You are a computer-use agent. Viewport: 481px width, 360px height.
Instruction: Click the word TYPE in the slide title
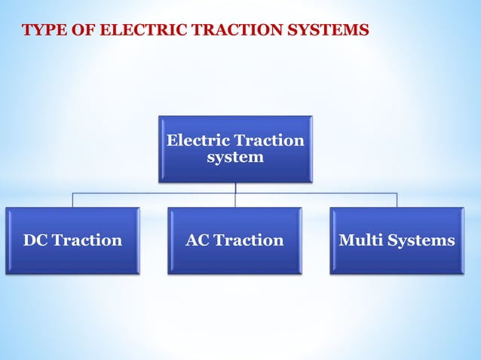click(x=41, y=31)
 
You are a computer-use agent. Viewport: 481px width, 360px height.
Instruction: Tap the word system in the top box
click(x=234, y=157)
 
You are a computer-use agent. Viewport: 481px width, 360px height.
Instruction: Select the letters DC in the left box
click(x=35, y=240)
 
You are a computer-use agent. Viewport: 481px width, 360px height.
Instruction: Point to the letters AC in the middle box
click(x=198, y=240)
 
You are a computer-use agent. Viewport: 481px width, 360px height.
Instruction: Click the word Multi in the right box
click(x=360, y=240)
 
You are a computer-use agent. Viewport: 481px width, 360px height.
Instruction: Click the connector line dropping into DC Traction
click(x=72, y=200)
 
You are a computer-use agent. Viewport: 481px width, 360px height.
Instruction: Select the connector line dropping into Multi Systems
click(x=397, y=200)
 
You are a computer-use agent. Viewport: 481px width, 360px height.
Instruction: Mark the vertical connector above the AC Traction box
click(x=235, y=200)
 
